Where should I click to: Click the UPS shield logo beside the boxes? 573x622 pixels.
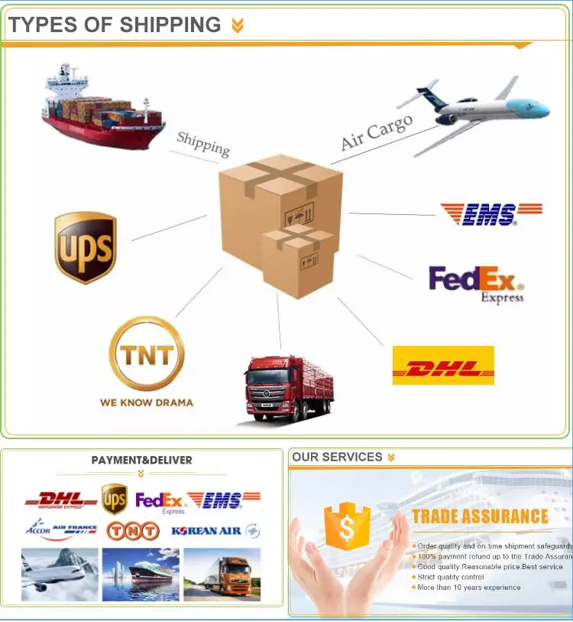(x=85, y=246)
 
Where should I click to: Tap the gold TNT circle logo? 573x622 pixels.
(x=147, y=353)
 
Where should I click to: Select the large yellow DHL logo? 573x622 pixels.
(x=443, y=366)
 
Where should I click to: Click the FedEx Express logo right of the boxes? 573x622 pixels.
(x=475, y=283)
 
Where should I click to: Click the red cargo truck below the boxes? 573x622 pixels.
(x=288, y=389)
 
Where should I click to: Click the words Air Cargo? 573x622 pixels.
(x=376, y=132)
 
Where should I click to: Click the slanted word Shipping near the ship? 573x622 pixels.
(x=203, y=143)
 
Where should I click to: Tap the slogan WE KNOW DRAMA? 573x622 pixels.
(x=147, y=402)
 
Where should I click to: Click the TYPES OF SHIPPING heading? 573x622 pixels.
(x=115, y=24)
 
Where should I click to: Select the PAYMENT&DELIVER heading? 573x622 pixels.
(x=141, y=461)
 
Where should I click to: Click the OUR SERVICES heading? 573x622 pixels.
(x=337, y=457)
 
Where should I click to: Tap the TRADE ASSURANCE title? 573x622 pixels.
(x=480, y=517)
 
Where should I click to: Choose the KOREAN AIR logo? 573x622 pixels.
(x=215, y=530)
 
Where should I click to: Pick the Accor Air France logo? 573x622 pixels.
(x=62, y=529)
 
